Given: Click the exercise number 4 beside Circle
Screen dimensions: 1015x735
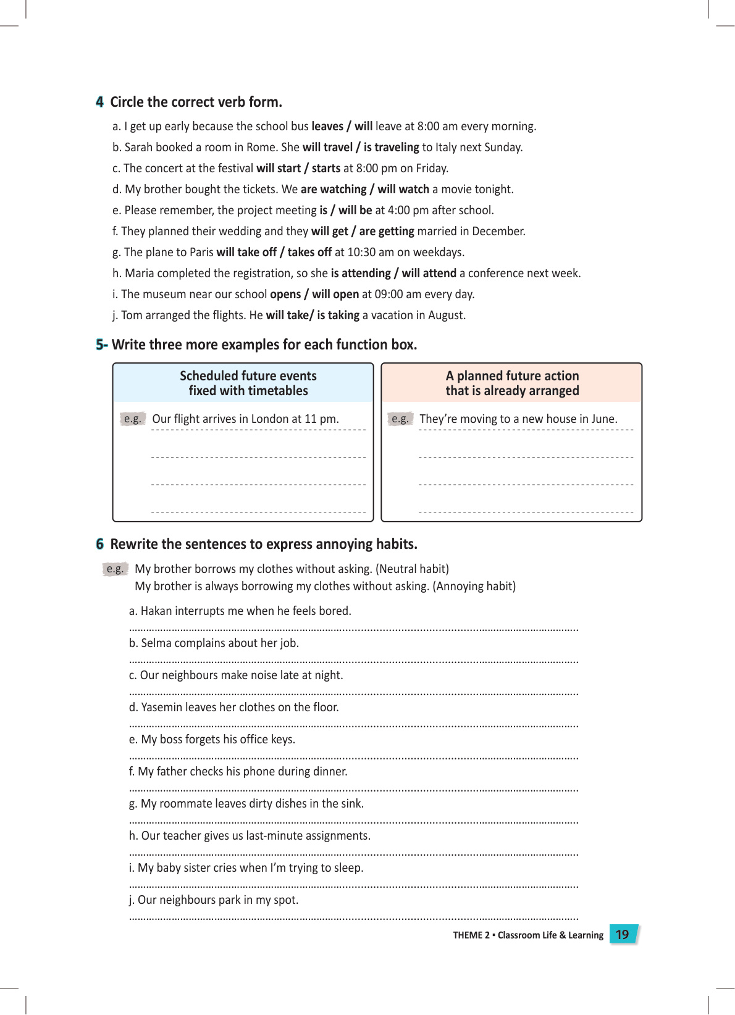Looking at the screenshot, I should (99, 102).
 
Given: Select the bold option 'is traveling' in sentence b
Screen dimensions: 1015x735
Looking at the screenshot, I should (391, 148).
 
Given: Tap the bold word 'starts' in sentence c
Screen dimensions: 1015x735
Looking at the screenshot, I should (326, 169).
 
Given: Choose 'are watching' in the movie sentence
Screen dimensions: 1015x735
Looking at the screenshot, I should (334, 190).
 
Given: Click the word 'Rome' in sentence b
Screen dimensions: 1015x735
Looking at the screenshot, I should (261, 148).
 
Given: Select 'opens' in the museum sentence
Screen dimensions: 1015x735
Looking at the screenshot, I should (285, 294).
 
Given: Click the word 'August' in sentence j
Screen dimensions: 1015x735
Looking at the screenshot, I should (446, 315).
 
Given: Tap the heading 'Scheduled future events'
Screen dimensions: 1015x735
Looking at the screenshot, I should (248, 376).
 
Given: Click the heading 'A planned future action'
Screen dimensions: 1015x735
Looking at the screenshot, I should (512, 376).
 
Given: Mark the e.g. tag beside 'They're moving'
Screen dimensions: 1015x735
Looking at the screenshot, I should (400, 419).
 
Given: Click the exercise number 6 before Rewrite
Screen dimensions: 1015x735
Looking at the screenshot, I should (99, 545).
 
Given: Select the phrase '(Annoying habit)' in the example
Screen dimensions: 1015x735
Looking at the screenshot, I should (474, 587).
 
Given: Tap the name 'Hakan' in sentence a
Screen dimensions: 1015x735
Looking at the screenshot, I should (156, 611).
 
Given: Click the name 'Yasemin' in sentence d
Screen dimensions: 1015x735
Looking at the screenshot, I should (162, 708).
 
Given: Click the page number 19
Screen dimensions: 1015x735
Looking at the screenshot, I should (622, 935).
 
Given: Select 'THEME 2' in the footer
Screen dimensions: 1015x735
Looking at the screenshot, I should (471, 935).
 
